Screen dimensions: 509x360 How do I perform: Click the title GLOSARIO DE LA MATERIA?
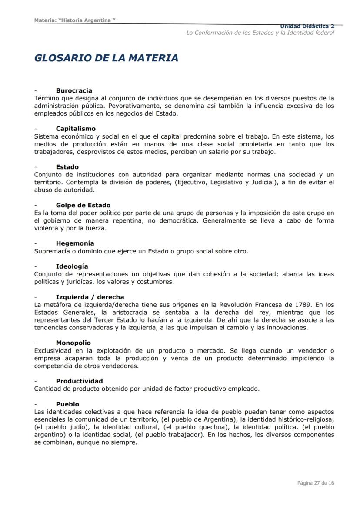pos(106,58)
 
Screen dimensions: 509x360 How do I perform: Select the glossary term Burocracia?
pos(74,91)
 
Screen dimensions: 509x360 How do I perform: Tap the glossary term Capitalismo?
pos(76,129)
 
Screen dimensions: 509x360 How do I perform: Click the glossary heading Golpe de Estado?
pos(83,205)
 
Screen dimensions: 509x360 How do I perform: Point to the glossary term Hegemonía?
pos(75,243)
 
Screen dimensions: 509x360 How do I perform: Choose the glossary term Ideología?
pos(72,266)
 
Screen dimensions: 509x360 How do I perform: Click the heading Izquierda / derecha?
pos(90,297)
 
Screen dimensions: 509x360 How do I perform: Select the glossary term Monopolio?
pos(73,343)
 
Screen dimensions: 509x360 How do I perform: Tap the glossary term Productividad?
pos(79,381)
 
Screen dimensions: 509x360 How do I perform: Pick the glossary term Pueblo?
pos(67,404)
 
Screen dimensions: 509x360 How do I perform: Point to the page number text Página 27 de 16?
pos(316,483)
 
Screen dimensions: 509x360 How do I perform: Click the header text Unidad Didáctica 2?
pos(307,27)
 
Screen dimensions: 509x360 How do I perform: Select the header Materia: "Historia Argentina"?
pos(75,20)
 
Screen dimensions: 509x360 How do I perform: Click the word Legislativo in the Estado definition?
pos(227,182)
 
